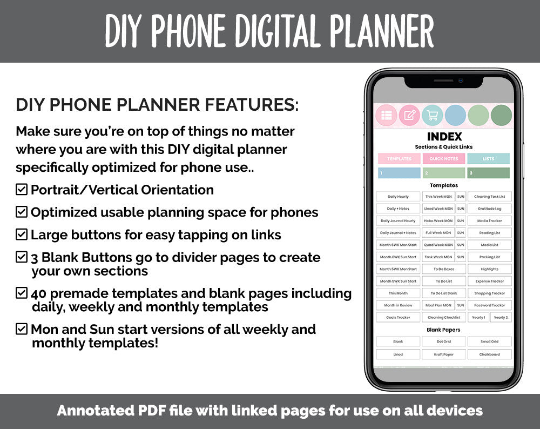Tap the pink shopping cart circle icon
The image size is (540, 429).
[432, 115]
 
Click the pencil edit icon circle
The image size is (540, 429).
[409, 115]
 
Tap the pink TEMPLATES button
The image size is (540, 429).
[399, 159]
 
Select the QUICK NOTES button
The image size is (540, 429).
[443, 159]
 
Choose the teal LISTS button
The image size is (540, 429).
[488, 159]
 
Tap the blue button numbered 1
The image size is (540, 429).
[399, 173]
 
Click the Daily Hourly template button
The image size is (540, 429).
[398, 197]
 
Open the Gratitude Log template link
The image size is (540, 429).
[489, 209]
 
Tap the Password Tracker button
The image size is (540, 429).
[489, 305]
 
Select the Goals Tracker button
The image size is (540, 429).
[398, 318]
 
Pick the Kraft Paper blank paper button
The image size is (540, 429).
[443, 354]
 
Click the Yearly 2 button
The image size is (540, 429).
[501, 318]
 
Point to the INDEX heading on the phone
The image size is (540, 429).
[444, 137]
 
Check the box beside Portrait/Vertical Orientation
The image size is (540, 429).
[22, 190]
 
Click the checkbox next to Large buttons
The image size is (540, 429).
[22, 234]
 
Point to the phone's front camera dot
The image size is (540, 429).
[460, 81]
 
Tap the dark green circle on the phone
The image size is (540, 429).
[501, 115]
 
